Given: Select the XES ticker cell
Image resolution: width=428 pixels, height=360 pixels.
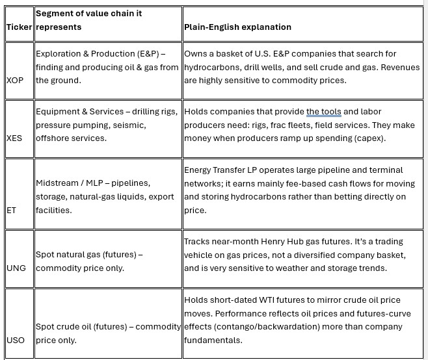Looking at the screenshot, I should tap(14, 138).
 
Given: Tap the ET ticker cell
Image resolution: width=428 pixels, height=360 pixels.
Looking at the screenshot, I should tap(11, 210).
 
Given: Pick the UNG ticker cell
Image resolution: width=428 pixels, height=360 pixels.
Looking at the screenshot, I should tap(16, 268).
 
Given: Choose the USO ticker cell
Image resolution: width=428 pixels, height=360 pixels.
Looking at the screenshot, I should tap(15, 340).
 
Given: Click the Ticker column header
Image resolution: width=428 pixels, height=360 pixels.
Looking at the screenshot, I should tap(19, 27).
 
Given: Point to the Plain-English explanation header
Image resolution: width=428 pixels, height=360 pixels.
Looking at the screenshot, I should tap(237, 27).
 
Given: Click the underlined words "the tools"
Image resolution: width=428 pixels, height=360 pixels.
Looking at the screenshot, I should tap(323, 112).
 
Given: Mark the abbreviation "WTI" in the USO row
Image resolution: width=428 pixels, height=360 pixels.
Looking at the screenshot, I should tap(267, 300).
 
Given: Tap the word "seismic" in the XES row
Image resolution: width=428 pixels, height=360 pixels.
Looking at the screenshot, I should tap(131, 125).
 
